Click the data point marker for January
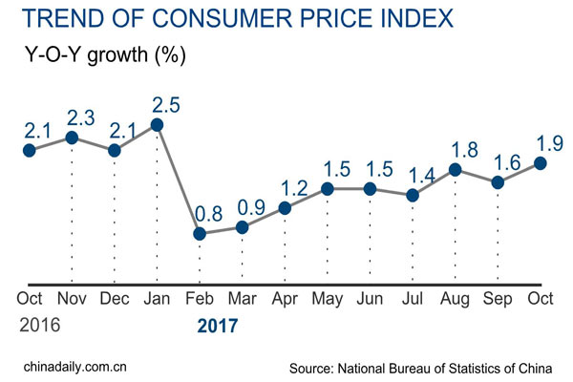click(x=157, y=125)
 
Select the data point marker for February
click(x=200, y=233)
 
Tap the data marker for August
click(x=456, y=170)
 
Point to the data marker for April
click(x=285, y=207)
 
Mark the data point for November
click(x=72, y=138)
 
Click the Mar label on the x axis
click(x=243, y=298)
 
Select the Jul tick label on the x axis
click(x=413, y=298)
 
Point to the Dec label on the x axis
click(x=115, y=298)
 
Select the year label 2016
click(x=40, y=325)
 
